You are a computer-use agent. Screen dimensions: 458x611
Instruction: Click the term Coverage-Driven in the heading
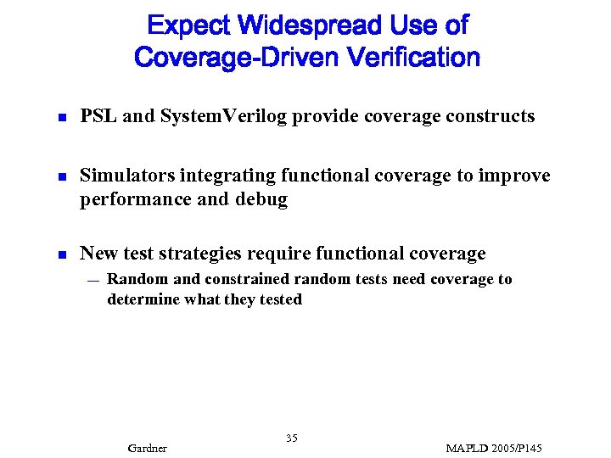237,59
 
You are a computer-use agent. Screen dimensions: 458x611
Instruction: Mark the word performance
129,200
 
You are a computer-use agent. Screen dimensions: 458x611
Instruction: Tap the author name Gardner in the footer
147,448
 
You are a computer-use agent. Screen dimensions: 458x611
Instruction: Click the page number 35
292,438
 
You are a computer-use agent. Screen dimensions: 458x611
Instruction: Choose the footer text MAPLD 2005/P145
493,448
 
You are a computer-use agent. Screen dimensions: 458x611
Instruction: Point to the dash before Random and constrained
92,280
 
